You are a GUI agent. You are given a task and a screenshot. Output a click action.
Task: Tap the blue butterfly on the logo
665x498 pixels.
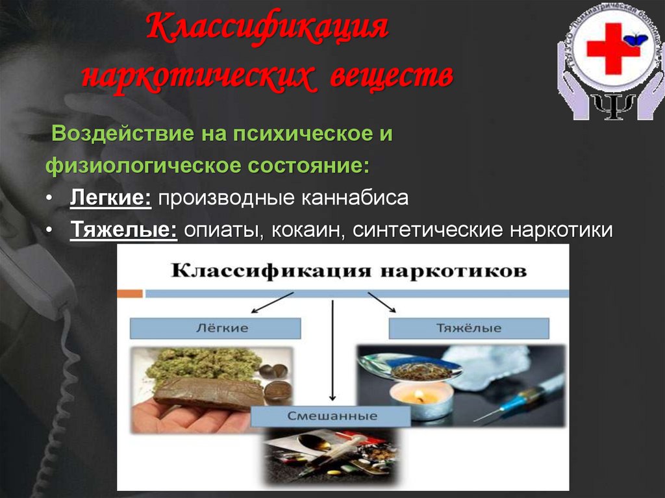tap(635, 40)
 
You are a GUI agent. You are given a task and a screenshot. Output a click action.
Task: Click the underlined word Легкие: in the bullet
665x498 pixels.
tap(110, 198)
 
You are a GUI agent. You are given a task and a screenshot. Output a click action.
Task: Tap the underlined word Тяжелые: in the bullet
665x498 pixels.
tap(123, 230)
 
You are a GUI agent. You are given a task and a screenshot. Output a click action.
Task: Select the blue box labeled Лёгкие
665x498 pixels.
tap(215, 328)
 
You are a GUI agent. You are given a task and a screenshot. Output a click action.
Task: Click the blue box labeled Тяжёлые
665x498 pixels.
tap(468, 328)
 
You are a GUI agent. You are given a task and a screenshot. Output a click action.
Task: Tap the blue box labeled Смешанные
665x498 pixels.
tap(331, 416)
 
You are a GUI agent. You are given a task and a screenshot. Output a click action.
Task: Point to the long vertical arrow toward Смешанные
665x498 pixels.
tap(332, 351)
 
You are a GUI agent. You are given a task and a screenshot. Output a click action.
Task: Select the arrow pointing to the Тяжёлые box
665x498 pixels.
tap(383, 303)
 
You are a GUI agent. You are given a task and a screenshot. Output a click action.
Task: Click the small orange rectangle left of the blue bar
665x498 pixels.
tap(130, 293)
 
